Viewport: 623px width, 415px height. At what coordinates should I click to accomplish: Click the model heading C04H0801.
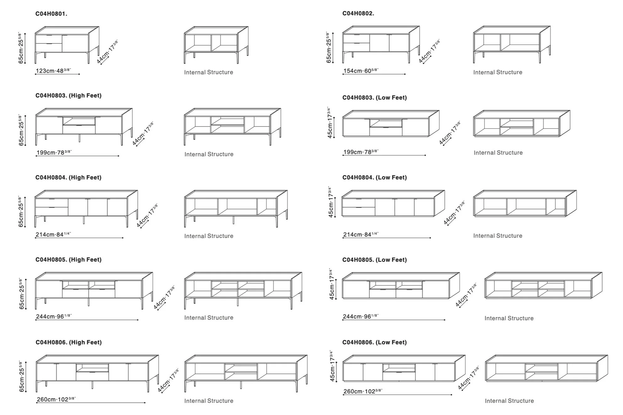pyautogui.click(x=51, y=14)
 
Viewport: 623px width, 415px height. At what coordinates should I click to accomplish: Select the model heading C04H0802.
pyautogui.click(x=358, y=13)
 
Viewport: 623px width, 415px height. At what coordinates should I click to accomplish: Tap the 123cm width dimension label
pyautogui.click(x=53, y=71)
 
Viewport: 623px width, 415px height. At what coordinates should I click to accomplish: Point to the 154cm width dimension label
pyautogui.click(x=361, y=71)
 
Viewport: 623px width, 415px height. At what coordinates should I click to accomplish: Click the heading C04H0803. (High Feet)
pyautogui.click(x=68, y=95)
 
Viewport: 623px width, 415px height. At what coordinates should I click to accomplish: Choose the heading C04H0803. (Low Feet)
pyautogui.click(x=374, y=98)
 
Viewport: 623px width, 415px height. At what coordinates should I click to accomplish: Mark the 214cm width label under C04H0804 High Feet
pyautogui.click(x=53, y=234)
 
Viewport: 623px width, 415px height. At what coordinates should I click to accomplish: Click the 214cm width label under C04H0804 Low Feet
pyautogui.click(x=361, y=234)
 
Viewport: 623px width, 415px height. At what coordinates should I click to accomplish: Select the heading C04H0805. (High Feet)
pyautogui.click(x=68, y=260)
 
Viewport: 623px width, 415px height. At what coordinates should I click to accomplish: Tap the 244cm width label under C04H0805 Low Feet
pyautogui.click(x=361, y=316)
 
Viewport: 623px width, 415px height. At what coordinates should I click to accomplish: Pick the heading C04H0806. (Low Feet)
pyautogui.click(x=374, y=342)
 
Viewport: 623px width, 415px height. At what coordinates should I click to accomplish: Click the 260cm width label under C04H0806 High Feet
pyautogui.click(x=56, y=399)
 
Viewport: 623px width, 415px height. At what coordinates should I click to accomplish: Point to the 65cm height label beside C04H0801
pyautogui.click(x=21, y=48)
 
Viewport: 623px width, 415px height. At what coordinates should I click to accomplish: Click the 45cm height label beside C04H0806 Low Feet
pyautogui.click(x=332, y=366)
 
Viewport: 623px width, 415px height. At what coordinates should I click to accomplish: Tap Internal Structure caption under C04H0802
pyautogui.click(x=498, y=72)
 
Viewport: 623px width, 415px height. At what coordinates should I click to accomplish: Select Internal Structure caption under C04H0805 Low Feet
pyautogui.click(x=509, y=318)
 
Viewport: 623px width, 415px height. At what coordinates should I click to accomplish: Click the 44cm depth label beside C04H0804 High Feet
pyautogui.click(x=147, y=215)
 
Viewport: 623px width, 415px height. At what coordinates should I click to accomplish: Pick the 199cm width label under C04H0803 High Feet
pyautogui.click(x=54, y=153)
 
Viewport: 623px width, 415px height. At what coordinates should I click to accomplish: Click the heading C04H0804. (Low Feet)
pyautogui.click(x=374, y=177)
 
